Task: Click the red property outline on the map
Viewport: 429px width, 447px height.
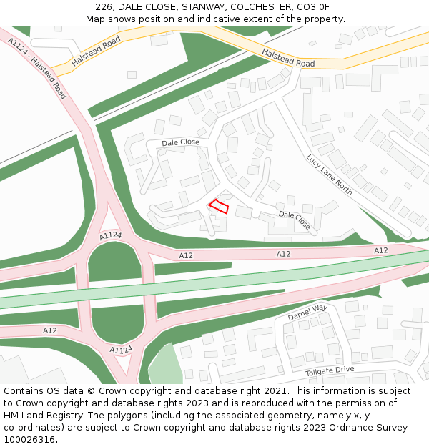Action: coord(219,207)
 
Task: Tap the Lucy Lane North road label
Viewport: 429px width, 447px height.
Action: coord(329,175)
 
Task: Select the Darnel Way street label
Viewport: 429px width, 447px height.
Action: coord(307,313)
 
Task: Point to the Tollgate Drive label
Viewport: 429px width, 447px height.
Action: coord(330,370)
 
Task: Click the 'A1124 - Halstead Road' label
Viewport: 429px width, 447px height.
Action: coord(38,69)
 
